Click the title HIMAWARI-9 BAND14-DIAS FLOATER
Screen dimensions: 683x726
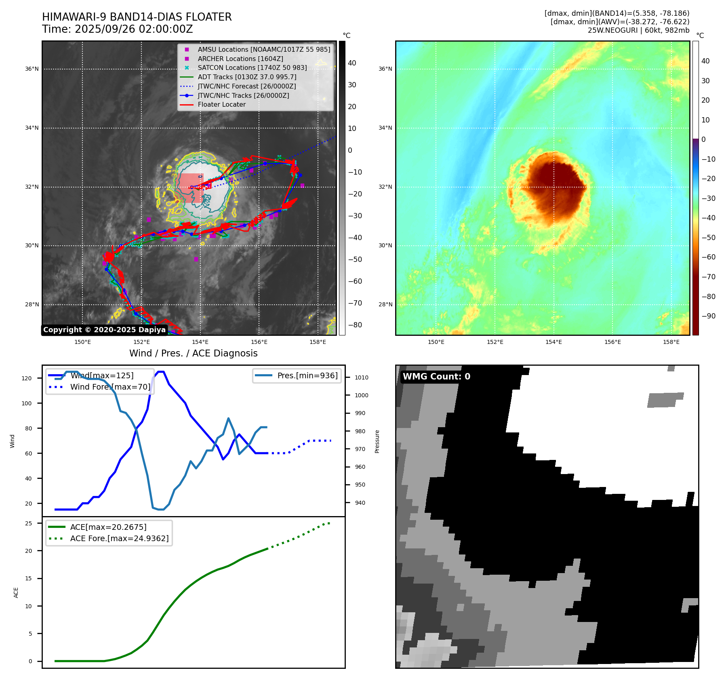tap(137, 17)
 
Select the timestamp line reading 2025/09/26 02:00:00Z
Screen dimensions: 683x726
tap(117, 30)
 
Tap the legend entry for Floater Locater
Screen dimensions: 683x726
tap(221, 105)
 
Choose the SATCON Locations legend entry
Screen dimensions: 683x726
tap(252, 68)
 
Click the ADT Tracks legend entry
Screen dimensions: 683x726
tap(247, 77)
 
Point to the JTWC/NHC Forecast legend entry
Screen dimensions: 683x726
tap(246, 86)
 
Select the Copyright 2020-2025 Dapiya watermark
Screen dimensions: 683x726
tap(104, 330)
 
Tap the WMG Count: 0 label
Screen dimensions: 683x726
tap(436, 377)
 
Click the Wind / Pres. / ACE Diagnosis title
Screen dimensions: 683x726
tap(193, 353)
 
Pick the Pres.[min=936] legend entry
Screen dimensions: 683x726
tap(307, 375)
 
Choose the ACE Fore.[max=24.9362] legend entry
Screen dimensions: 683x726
tap(119, 538)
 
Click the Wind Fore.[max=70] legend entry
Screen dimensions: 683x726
tap(110, 387)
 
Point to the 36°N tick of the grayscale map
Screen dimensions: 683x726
tap(32, 69)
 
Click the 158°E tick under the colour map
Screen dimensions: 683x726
tap(671, 342)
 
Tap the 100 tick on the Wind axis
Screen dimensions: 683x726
tap(27, 403)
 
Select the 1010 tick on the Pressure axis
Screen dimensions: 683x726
tap(362, 377)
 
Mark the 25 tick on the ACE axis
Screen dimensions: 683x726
tap(29, 523)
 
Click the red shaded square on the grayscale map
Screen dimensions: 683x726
tap(191, 188)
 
